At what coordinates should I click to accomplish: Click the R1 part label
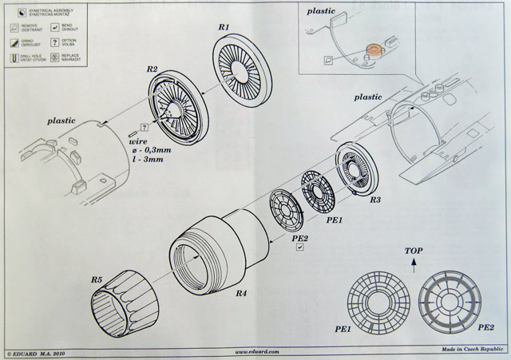coord(224,27)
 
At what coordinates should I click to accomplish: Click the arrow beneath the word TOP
coord(413,266)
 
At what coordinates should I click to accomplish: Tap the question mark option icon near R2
coord(144,127)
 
